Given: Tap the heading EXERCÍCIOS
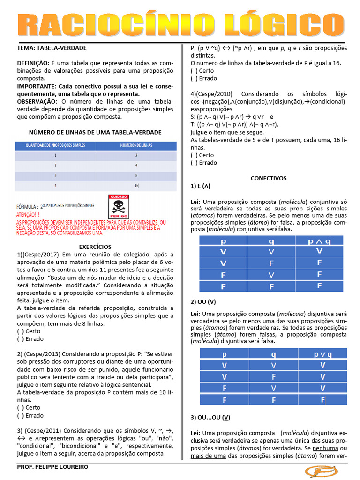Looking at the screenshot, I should (x=95, y=247).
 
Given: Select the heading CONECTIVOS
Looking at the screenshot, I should (x=268, y=178).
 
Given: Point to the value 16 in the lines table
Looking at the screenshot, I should (x=136, y=186).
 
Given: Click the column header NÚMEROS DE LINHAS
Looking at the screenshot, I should (x=136, y=145).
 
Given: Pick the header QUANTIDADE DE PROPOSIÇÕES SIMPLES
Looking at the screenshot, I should (x=55, y=145).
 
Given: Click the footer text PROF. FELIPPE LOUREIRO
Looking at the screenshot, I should (x=52, y=467).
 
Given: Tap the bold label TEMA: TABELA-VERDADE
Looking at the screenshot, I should (x=52, y=48).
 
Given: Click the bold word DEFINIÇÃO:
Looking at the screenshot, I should (x=33, y=63).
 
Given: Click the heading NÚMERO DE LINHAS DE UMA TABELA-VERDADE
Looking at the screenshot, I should (x=95, y=132).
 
